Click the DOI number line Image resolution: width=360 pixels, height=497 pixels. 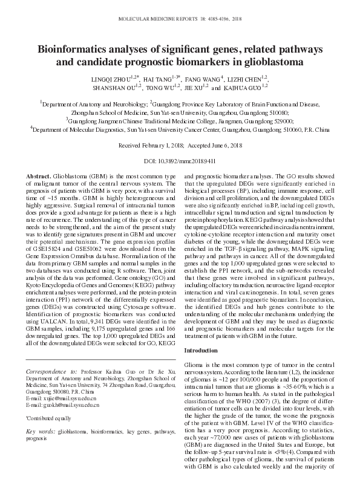180,161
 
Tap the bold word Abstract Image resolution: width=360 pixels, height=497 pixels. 39,175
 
